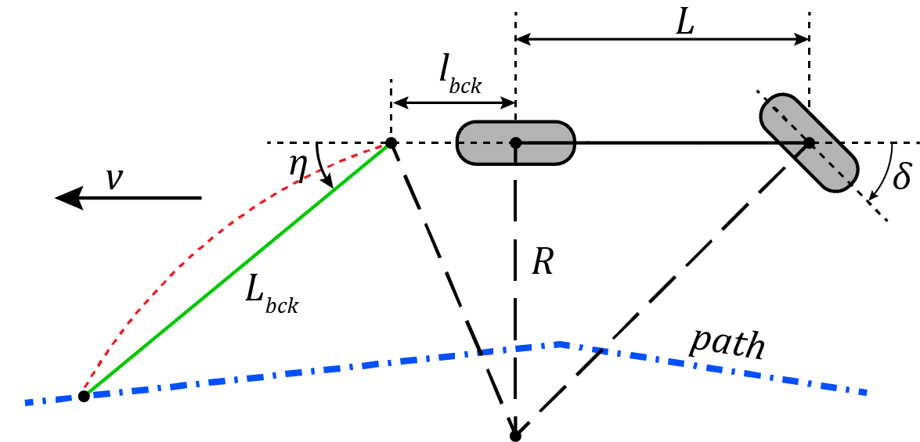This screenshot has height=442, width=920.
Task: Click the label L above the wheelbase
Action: tap(685, 23)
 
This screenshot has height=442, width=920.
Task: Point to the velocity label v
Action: tap(114, 179)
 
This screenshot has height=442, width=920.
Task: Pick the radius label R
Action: tap(542, 261)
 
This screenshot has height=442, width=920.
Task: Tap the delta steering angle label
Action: tap(901, 176)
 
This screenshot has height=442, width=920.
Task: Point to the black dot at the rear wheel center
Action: tap(515, 143)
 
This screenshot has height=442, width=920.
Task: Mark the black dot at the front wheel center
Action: tap(809, 143)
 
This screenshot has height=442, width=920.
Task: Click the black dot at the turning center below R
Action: tap(515, 436)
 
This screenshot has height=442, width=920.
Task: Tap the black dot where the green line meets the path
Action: tap(84, 396)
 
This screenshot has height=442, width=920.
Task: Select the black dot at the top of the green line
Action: tap(391, 143)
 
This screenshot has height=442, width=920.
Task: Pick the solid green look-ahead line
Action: tap(235, 271)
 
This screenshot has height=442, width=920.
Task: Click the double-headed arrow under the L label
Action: tap(662, 38)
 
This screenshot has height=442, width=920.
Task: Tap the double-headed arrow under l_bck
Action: tap(453, 102)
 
